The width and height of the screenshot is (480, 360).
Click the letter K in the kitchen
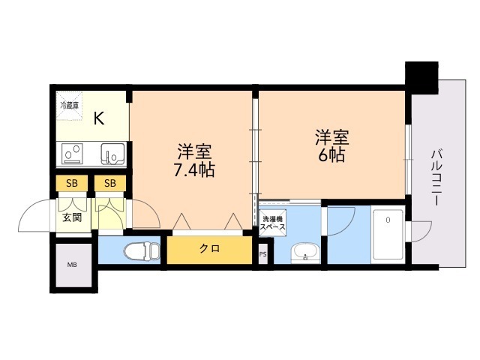coord(99,118)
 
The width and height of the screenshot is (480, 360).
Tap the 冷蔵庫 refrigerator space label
coord(70,106)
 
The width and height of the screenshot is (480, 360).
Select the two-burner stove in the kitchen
coord(72,154)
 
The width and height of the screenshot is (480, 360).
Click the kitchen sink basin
coord(112,154)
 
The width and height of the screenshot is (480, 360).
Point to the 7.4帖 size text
coord(194,170)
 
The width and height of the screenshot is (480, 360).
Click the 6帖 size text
coord(331,155)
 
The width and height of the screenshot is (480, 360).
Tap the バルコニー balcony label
coord(436,178)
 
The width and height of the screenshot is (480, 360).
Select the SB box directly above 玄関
coord(72,183)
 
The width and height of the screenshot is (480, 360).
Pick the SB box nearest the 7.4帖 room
coord(110,183)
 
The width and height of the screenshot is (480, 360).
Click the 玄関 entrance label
coord(72,217)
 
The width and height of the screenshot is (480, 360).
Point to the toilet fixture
coord(142,250)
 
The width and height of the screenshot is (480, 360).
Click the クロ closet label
coord(210,248)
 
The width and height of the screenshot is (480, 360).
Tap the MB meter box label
coord(72,265)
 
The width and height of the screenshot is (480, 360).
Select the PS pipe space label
coord(262,254)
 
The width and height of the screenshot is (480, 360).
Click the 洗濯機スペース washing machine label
coord(272,223)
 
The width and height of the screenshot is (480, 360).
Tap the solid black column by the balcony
coord(421,77)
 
